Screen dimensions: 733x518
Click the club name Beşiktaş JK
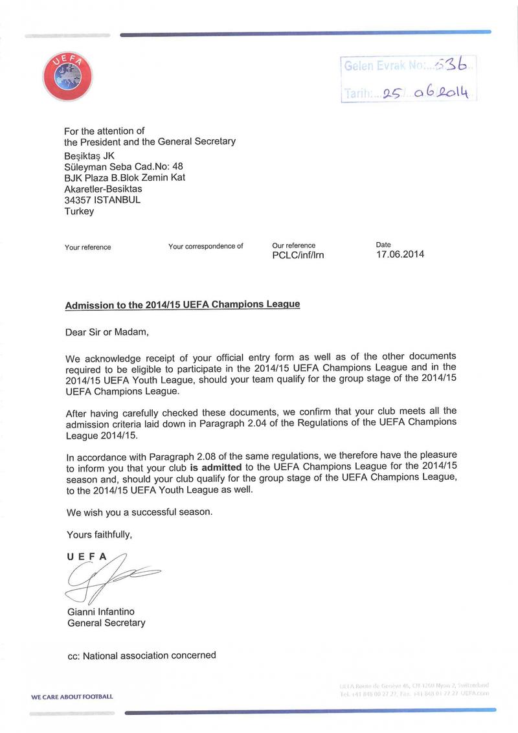click(89, 155)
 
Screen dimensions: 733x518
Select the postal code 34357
click(78, 200)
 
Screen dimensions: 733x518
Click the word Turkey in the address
click(79, 211)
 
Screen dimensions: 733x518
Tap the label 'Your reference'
click(87, 247)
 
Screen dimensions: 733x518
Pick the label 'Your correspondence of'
click(205, 246)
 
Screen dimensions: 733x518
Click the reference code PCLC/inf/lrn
click(298, 255)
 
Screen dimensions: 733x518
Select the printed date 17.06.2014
click(400, 254)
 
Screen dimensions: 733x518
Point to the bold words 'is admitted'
click(216, 466)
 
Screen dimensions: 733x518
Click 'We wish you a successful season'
click(139, 512)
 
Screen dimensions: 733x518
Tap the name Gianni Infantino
click(101, 612)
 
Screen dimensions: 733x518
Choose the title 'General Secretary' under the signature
click(106, 623)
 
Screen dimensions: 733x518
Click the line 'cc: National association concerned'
click(141, 655)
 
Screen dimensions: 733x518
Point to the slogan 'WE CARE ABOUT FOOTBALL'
click(72, 697)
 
